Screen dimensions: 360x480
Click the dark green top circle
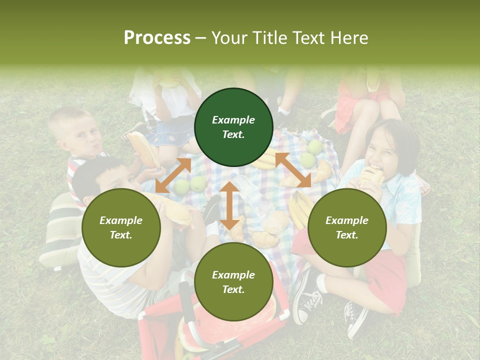tap(233, 127)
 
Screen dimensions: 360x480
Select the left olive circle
tap(121, 228)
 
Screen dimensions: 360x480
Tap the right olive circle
tap(347, 228)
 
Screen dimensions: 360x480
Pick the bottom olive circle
tap(233, 282)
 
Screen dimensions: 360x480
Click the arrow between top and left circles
tap(173, 175)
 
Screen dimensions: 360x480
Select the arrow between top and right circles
tap(293, 170)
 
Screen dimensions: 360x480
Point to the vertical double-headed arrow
tap(229, 205)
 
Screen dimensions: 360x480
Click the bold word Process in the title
tap(157, 37)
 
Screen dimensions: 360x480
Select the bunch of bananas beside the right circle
tap(298, 209)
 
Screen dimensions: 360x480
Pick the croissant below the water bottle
tap(265, 239)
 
